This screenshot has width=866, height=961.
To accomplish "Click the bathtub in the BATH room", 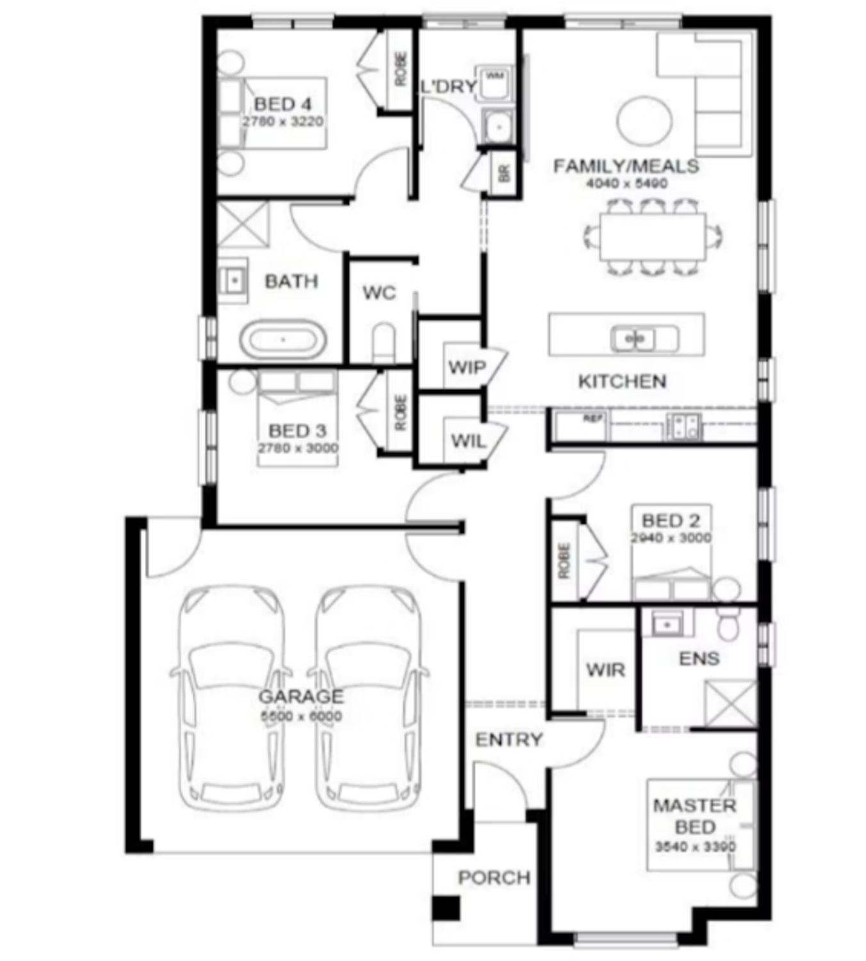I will point(283,340).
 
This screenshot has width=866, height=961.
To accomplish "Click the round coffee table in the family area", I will point(644,120).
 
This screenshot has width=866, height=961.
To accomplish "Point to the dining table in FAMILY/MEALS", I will point(652,236).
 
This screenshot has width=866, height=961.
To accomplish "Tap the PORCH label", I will point(494,877).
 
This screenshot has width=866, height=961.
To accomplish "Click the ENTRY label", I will point(509,740).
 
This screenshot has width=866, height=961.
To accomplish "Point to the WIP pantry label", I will point(467,368).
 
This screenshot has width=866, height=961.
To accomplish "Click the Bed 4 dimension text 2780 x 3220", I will point(282,122).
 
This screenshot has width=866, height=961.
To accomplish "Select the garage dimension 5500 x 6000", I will point(301,716).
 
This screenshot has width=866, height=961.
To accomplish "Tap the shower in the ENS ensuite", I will point(730,703).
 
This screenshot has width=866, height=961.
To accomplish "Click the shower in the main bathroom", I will point(243,224).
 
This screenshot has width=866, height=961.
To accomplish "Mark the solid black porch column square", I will point(445,908).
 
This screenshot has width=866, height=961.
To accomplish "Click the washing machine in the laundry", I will point(494,83).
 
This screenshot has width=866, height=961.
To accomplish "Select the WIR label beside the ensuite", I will point(605,670).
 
